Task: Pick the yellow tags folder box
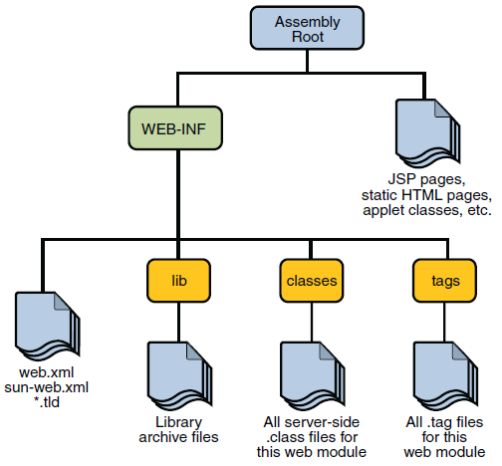tap(439, 280)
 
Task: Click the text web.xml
tap(46, 373)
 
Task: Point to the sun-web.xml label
tap(46, 388)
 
